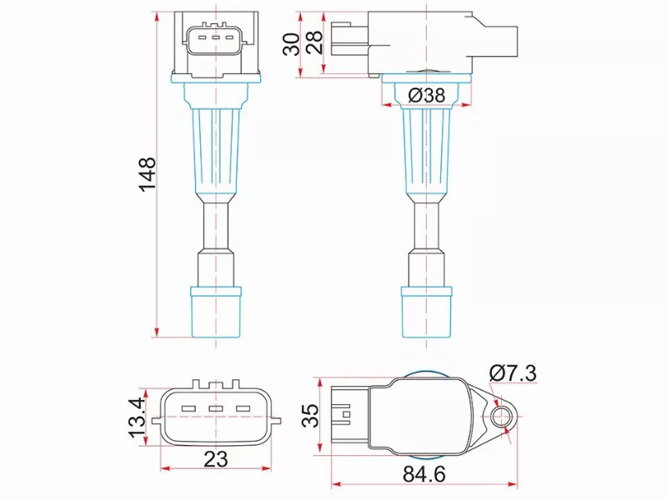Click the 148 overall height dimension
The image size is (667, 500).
pos(148,174)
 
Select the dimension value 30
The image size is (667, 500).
pos(292,43)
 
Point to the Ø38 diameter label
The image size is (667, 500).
pos(427,95)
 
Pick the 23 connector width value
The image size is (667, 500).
pos(216,459)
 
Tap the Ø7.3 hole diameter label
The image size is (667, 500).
pos(511,372)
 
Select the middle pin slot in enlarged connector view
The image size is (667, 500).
pos(216,409)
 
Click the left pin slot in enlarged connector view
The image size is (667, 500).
pos(188,409)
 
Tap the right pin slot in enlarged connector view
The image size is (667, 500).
pos(243,409)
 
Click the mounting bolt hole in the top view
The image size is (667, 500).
pos(502,415)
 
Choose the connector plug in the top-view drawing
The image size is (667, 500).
pos(343,414)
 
